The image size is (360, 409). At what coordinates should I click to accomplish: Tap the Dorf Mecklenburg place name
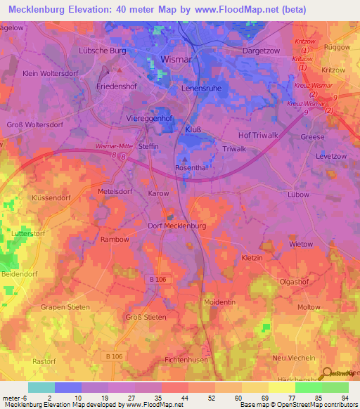(x=176, y=226)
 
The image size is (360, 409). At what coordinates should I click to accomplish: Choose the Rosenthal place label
(x=191, y=168)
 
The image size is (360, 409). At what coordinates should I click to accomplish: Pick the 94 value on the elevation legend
(x=345, y=397)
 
